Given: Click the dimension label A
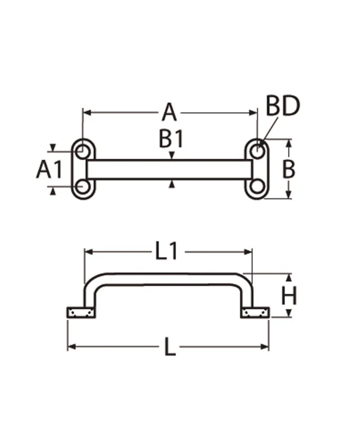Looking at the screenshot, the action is tap(170, 112).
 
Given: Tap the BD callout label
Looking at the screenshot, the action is tap(283, 106).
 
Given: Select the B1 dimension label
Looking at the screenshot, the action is tap(171, 139).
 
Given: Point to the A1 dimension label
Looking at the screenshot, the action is tap(49, 169).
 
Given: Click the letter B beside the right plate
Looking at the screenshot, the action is tap(288, 169).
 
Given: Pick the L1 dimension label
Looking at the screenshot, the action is tap(166, 251).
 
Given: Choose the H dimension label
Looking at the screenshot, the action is tap(288, 296).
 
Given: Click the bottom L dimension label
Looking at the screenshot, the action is tap(170, 347).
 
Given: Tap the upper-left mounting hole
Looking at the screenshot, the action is tap(83, 152).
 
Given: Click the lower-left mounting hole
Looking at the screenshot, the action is tap(83, 186).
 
